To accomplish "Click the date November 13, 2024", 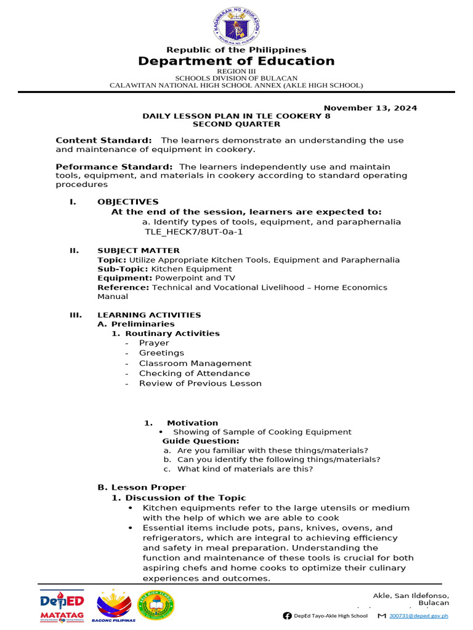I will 370,108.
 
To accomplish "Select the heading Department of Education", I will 236,61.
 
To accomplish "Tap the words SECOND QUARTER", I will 236,124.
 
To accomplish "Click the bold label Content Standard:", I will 103,140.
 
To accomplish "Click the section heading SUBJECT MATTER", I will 139,250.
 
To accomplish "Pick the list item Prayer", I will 154,343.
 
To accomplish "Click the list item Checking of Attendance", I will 195,373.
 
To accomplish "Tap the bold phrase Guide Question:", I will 201,441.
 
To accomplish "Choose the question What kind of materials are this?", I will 245,469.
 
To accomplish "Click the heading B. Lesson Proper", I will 142,487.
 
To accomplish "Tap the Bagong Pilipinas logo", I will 115,606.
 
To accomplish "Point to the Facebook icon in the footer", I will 287,615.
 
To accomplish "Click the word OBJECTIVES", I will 127,201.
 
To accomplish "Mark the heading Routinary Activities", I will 172,333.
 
